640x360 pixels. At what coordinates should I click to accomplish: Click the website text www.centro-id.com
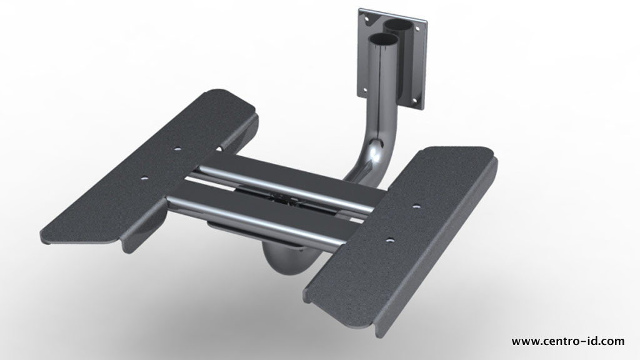coord(567,341)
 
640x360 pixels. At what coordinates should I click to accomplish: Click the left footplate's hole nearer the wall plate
coord(177,150)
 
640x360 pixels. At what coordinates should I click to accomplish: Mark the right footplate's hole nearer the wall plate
coord(416,204)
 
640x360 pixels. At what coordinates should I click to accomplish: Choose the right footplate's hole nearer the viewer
coord(389,239)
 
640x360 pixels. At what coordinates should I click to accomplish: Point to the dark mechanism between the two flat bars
coord(284,199)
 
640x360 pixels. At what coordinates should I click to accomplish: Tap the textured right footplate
coord(400,231)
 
